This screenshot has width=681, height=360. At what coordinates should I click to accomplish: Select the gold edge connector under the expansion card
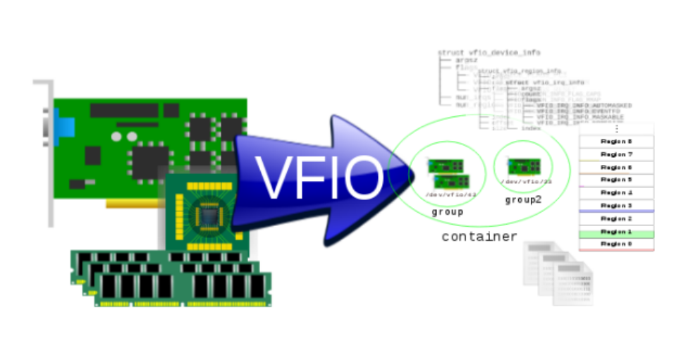(x=134, y=204)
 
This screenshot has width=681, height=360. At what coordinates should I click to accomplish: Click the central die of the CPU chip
(x=209, y=213)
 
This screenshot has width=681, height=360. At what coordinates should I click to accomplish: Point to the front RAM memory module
(x=183, y=288)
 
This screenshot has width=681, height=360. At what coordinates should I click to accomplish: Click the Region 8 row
(x=616, y=141)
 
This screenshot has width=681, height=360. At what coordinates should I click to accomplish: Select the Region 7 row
(x=616, y=154)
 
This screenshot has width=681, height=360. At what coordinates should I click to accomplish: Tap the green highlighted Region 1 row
(x=616, y=231)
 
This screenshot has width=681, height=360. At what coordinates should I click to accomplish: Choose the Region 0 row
(x=616, y=244)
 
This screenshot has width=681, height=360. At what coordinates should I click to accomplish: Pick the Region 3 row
(x=616, y=205)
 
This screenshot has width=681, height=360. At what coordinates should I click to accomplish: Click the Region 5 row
(x=616, y=180)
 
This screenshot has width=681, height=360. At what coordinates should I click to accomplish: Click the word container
(x=479, y=237)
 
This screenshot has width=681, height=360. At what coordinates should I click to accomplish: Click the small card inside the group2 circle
(x=524, y=166)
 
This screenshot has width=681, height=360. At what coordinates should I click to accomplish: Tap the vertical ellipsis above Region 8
(x=616, y=129)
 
